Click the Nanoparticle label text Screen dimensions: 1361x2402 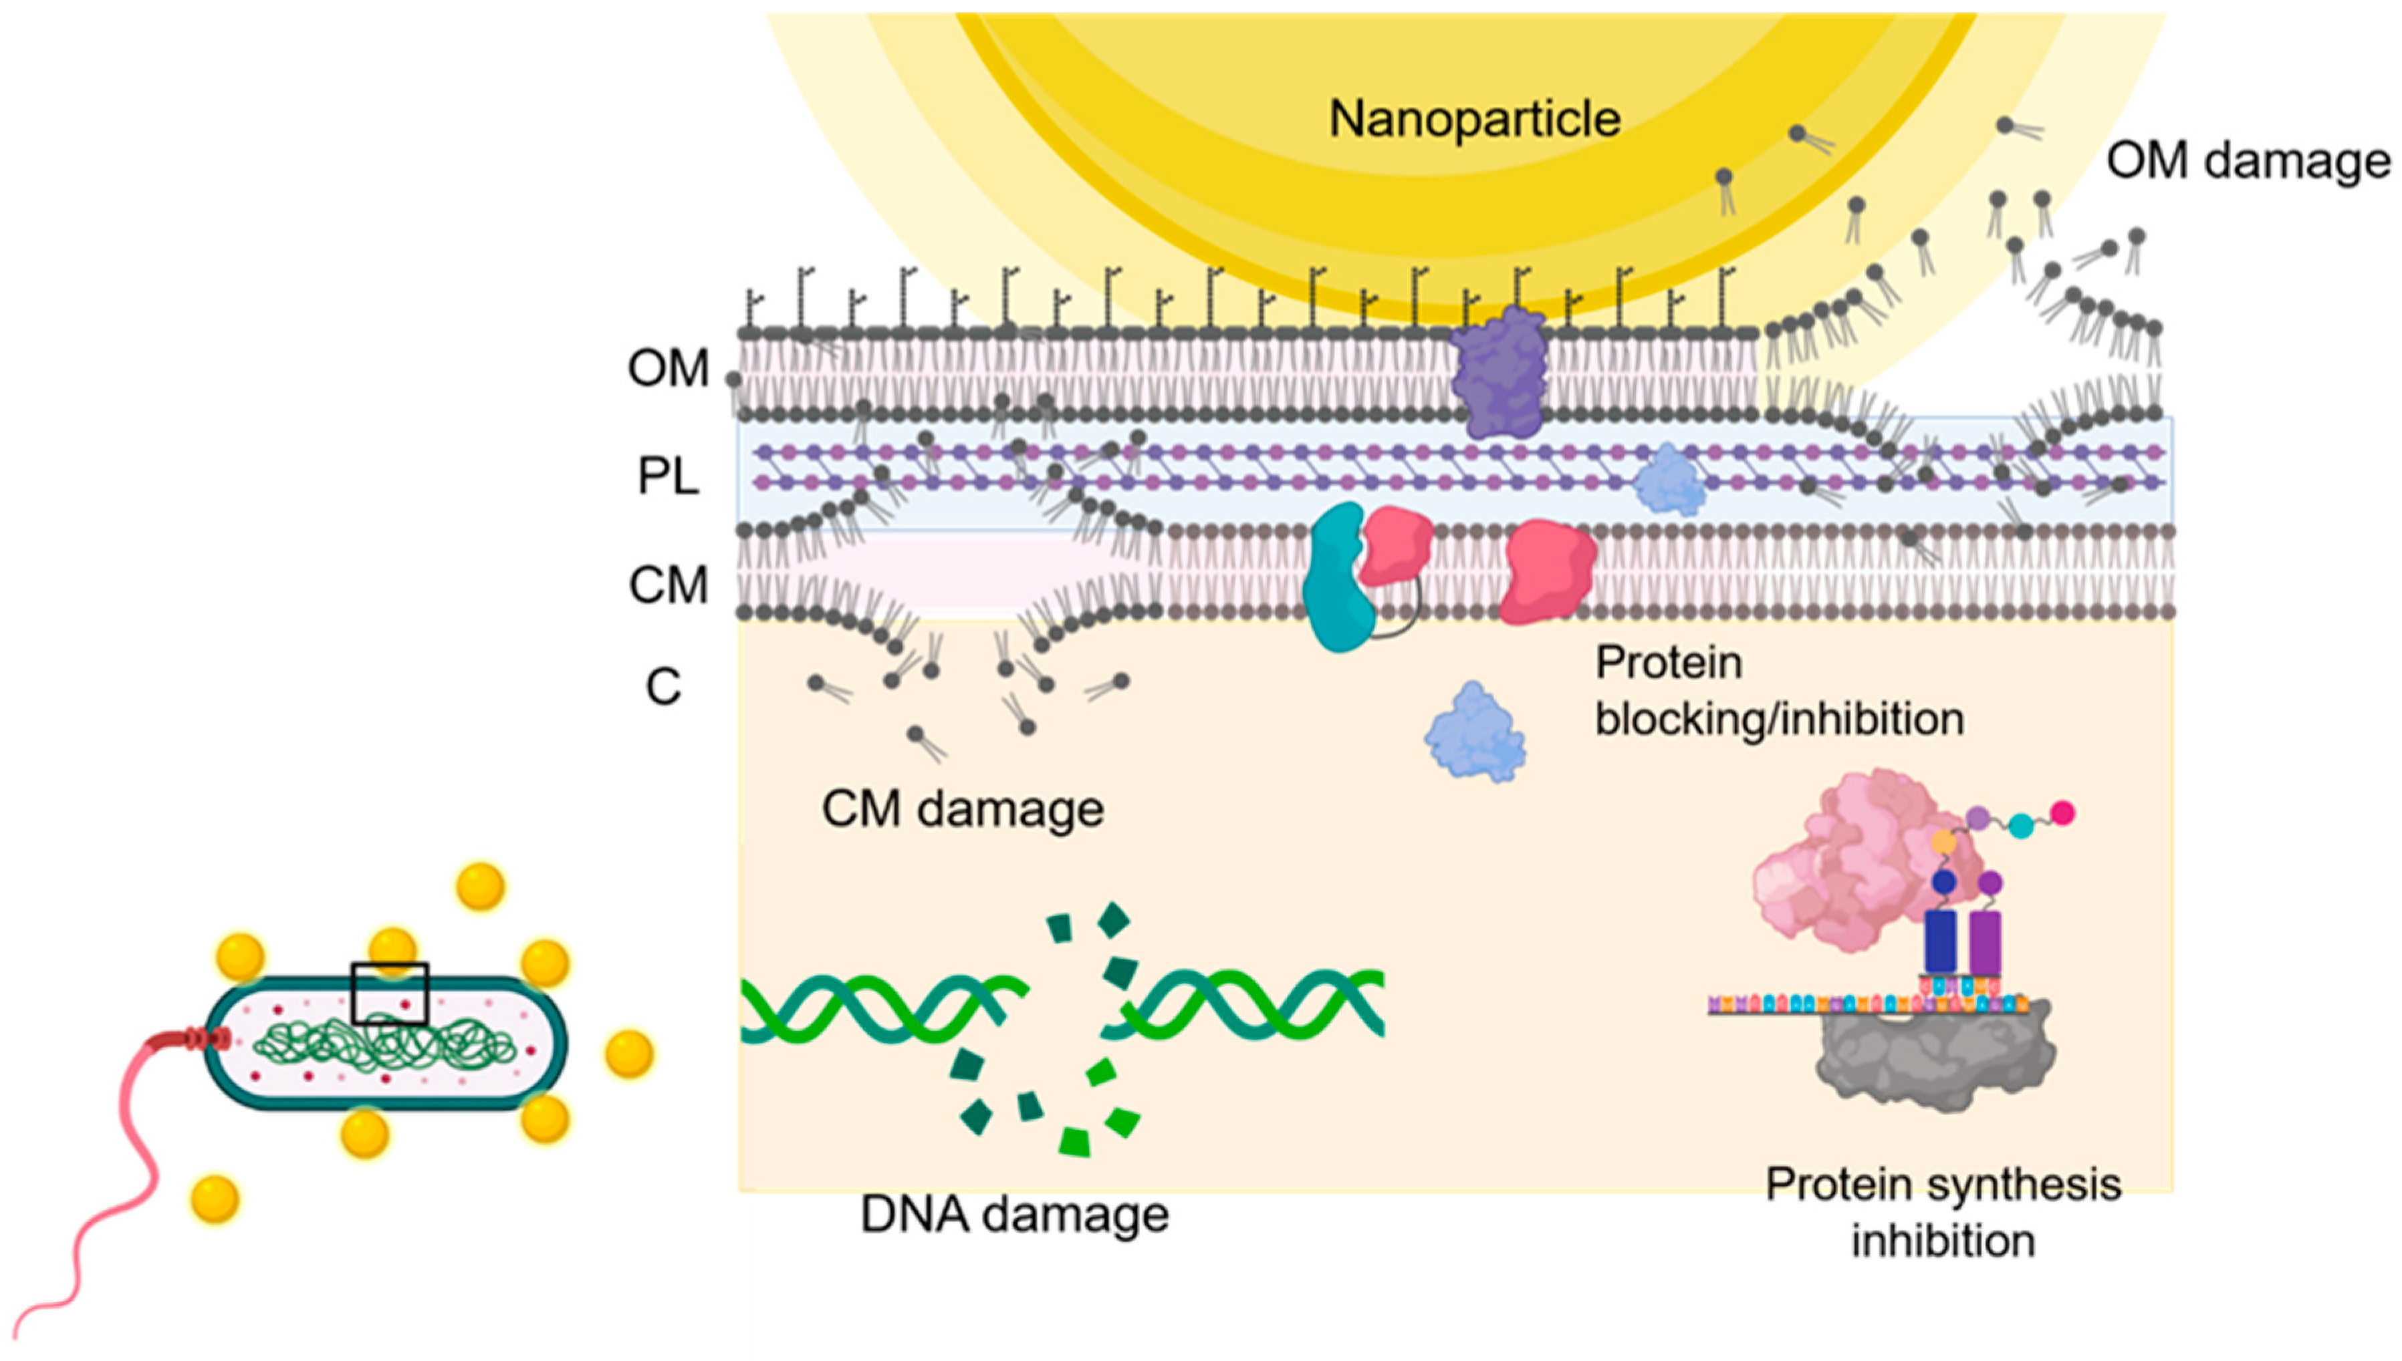click(x=1475, y=120)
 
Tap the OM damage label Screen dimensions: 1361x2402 click(x=2248, y=162)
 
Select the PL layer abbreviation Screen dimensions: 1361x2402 click(x=668, y=477)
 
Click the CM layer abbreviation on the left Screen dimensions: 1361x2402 click(x=668, y=586)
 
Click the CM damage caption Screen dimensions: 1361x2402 click(x=962, y=810)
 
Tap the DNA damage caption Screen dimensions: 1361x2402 click(x=1014, y=1215)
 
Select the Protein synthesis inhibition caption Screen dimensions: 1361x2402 click(x=1943, y=1213)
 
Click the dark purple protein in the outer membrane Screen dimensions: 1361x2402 click(x=1499, y=373)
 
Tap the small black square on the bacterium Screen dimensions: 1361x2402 click(x=390, y=994)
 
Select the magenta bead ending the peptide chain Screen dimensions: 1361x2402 click(x=2062, y=813)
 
